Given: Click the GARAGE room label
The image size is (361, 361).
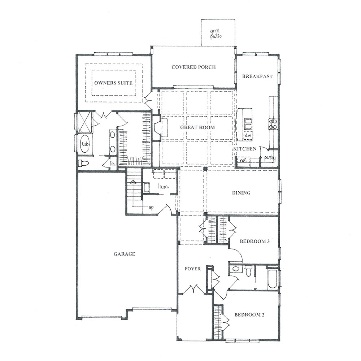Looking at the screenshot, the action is pos(124,254).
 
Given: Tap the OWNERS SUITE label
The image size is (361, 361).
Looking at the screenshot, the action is pos(113,83).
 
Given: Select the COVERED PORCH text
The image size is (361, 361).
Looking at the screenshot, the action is pos(193,67).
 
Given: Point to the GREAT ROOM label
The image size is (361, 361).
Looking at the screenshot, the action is pos(197,127).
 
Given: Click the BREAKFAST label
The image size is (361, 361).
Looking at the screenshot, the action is pos(257,77).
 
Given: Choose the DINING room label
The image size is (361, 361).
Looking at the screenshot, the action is pos(241,193).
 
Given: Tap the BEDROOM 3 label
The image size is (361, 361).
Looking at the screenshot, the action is pos(255,242).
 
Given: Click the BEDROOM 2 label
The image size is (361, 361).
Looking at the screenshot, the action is pos(249,315).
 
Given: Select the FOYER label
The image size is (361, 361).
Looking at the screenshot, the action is pos(193,269).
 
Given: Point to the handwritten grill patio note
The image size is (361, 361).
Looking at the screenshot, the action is pos(216,34).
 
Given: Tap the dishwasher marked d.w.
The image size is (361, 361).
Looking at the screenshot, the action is pos(248,136).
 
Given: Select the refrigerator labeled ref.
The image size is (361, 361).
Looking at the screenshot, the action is pos(243,160).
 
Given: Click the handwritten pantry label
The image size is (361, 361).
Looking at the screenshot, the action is pos(270,158).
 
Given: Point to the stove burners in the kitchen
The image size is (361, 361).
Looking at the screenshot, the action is pos(273,124).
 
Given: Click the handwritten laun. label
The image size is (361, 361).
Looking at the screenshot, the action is pos(164,186).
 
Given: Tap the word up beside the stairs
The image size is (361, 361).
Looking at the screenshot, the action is pos(151,208).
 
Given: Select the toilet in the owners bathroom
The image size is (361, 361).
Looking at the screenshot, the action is pos(83,164).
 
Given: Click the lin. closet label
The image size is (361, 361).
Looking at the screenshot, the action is pos(113,164).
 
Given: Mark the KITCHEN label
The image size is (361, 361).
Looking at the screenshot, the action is pos(245,149).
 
